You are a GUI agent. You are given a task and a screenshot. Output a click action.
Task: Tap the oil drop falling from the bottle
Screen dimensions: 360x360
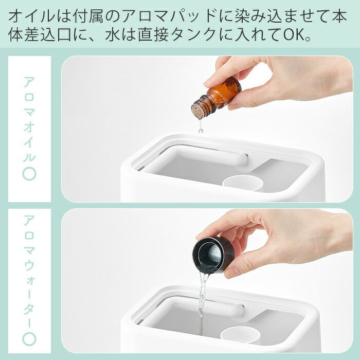point(201,131)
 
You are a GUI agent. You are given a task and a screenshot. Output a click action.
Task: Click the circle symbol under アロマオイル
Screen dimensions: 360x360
point(29,174)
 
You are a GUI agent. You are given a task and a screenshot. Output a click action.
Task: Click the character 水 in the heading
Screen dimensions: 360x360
point(113,34)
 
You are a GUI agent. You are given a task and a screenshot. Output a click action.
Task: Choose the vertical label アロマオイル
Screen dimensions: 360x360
point(29,119)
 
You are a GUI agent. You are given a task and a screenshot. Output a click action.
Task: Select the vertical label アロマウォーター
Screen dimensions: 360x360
point(29,272)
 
